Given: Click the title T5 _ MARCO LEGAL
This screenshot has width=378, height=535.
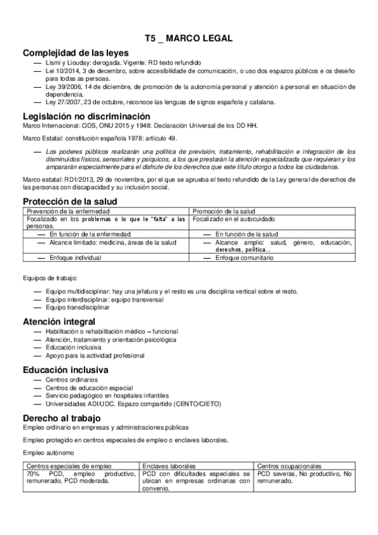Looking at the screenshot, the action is [188, 38].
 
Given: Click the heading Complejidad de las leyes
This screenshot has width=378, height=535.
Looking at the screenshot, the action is [75, 52].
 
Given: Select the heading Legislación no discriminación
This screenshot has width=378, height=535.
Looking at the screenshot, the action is [86, 116].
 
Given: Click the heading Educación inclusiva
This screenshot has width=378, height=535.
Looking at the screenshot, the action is [66, 370].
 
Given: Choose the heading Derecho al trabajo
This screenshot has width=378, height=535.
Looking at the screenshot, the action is [61, 418].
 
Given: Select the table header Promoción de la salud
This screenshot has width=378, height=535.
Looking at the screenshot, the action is [223, 211].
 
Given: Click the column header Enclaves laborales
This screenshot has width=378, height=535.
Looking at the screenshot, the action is [170, 466].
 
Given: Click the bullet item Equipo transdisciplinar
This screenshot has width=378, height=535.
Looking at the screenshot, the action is [78, 307].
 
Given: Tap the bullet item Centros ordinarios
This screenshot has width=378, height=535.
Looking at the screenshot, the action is [71, 380].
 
